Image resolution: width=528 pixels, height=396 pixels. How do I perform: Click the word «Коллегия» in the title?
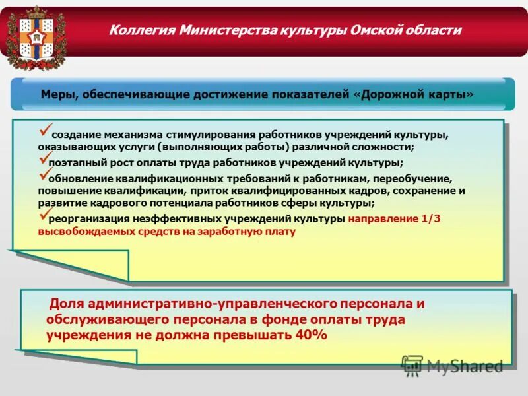(x=137, y=30)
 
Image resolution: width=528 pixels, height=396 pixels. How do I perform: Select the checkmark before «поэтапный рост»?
(x=44, y=158)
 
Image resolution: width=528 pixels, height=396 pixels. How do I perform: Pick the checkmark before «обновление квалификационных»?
(x=44, y=174)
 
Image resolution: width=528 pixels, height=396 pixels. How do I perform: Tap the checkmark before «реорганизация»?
(x=44, y=215)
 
